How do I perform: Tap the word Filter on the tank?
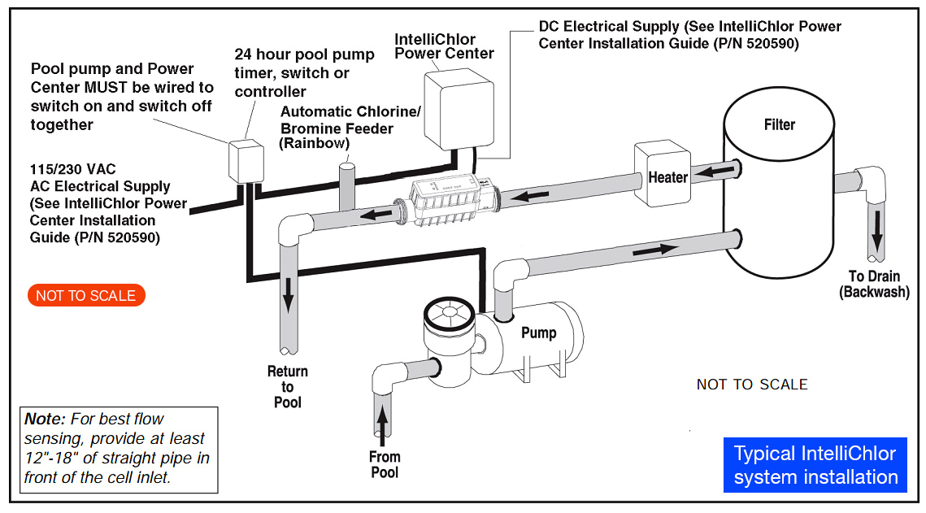click(779, 124)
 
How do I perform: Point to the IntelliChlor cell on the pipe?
click(446, 201)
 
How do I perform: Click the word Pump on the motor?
click(538, 333)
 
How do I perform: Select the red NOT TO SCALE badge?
click(85, 295)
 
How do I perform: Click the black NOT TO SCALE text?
click(751, 385)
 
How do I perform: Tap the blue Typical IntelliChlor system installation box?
click(815, 465)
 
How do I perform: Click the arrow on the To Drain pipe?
click(876, 233)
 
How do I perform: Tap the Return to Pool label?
click(287, 386)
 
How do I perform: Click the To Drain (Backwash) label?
click(873, 285)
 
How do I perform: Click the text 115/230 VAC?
click(73, 169)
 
